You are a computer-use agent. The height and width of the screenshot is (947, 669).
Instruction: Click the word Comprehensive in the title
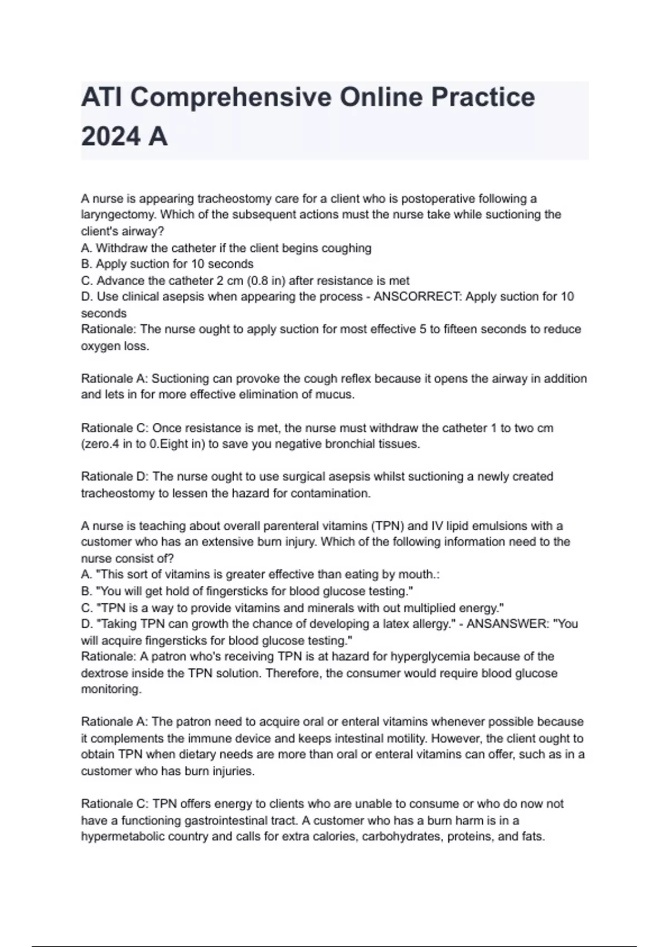click(230, 97)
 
